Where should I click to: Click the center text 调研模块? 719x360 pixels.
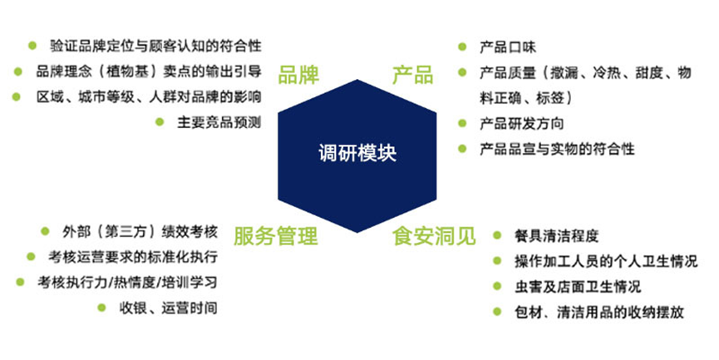pyautogui.click(x=357, y=152)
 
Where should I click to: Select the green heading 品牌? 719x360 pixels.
pyautogui.click(x=298, y=75)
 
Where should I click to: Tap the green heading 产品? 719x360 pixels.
pyautogui.click(x=412, y=75)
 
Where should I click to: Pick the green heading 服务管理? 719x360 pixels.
pyautogui.click(x=276, y=236)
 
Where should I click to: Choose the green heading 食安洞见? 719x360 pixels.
pyautogui.click(x=434, y=236)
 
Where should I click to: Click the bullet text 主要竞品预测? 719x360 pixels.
pyautogui.click(x=219, y=122)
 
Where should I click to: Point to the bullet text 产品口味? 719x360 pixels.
pyautogui.click(x=508, y=47)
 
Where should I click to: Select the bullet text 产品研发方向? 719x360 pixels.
pyautogui.click(x=522, y=123)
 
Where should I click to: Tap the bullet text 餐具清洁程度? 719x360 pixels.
pyautogui.click(x=557, y=236)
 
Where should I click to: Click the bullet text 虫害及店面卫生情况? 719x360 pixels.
pyautogui.click(x=578, y=287)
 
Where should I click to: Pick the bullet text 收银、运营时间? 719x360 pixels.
pyautogui.click(x=168, y=308)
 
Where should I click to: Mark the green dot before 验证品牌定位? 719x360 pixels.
pyautogui.click(x=32, y=46)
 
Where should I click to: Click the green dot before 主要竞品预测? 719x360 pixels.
pyautogui.click(x=160, y=122)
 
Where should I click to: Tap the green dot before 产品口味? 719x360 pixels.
pyautogui.click(x=462, y=47)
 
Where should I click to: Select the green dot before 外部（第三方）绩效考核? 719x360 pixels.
pyautogui.click(x=45, y=231)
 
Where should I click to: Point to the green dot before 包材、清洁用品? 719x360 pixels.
pyautogui.click(x=497, y=312)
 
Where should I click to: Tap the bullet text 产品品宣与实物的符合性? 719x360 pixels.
pyautogui.click(x=557, y=149)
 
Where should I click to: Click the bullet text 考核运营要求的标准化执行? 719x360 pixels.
pyautogui.click(x=133, y=257)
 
